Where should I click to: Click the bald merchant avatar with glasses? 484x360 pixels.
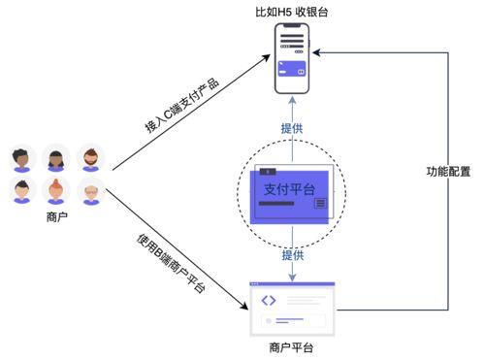coord(89,190)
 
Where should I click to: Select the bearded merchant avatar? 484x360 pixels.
coord(89,157)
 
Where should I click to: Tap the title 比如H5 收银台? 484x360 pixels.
coord(291,12)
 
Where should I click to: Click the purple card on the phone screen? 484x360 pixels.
coord(291,69)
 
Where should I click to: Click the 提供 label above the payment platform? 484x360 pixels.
coord(292,128)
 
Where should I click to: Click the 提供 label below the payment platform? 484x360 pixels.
coord(292,255)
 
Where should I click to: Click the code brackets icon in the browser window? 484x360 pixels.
coord(269,300)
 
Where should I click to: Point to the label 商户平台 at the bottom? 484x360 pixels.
coord(291,346)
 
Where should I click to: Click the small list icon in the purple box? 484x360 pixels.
coord(320,202)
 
